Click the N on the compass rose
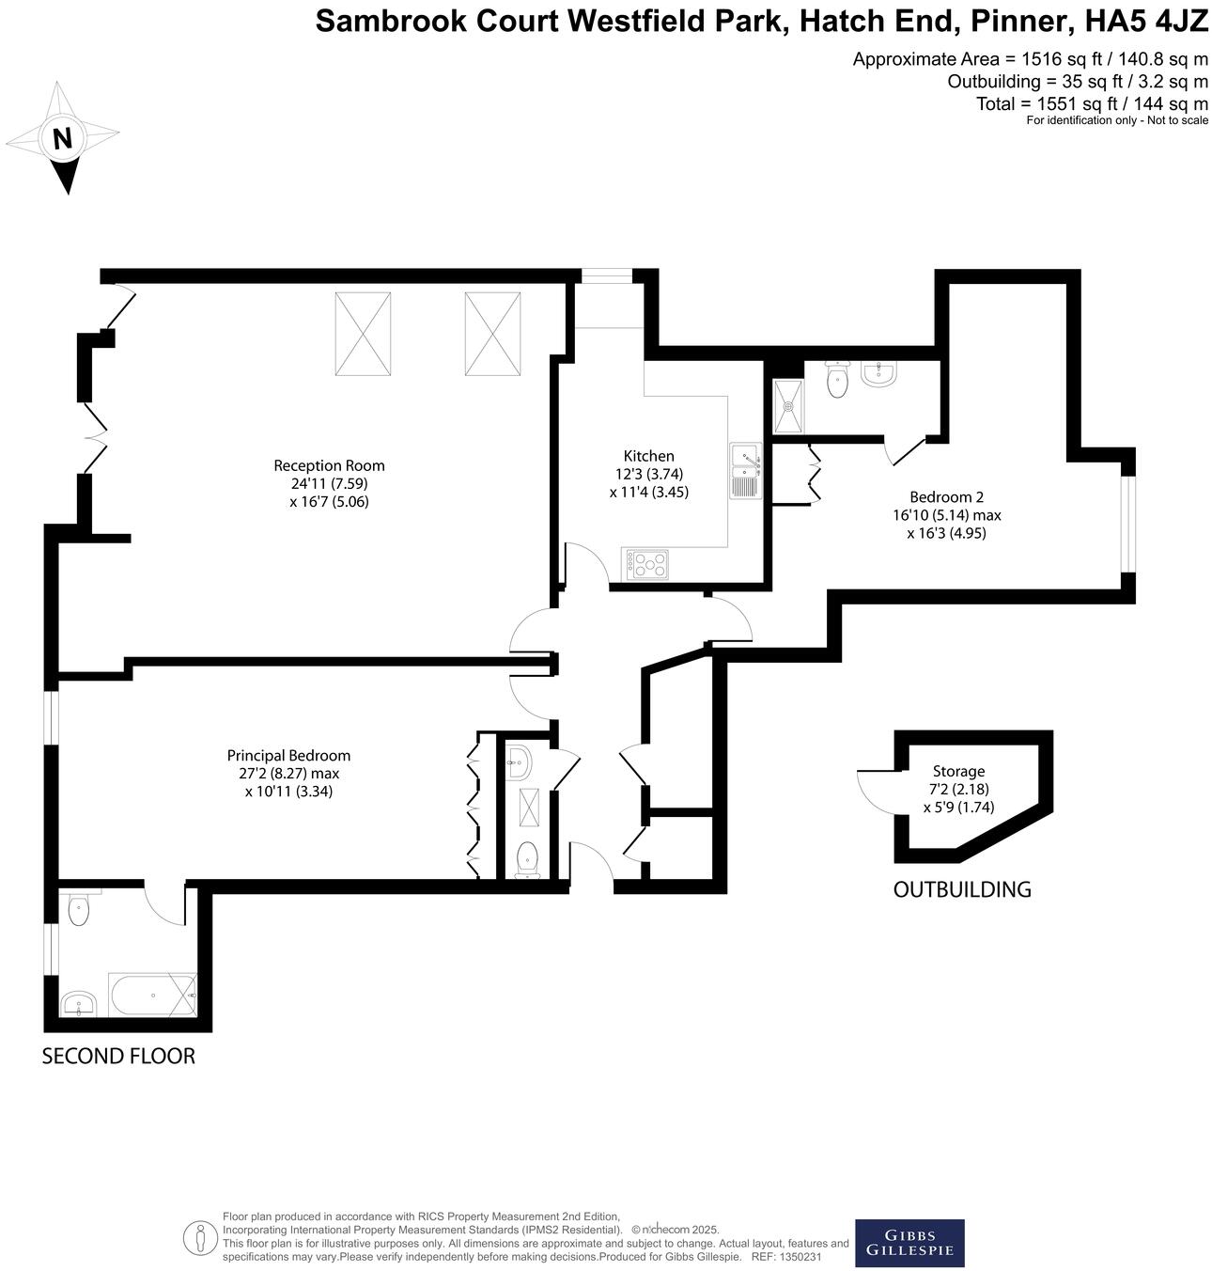(x=63, y=139)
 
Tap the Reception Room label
(x=329, y=465)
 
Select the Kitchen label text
(x=649, y=456)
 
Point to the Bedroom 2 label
(x=946, y=497)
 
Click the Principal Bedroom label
(x=288, y=756)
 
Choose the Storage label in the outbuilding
(x=958, y=772)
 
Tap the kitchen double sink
(x=745, y=469)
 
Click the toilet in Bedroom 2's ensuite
(x=837, y=380)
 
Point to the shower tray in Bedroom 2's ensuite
(x=788, y=406)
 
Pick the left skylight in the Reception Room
(x=363, y=334)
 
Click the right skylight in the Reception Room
(x=492, y=334)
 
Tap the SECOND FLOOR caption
(x=118, y=1057)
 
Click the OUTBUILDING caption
(x=961, y=889)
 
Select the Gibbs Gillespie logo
(x=909, y=1243)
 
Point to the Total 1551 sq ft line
(x=1092, y=103)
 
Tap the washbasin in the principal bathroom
(x=79, y=1004)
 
